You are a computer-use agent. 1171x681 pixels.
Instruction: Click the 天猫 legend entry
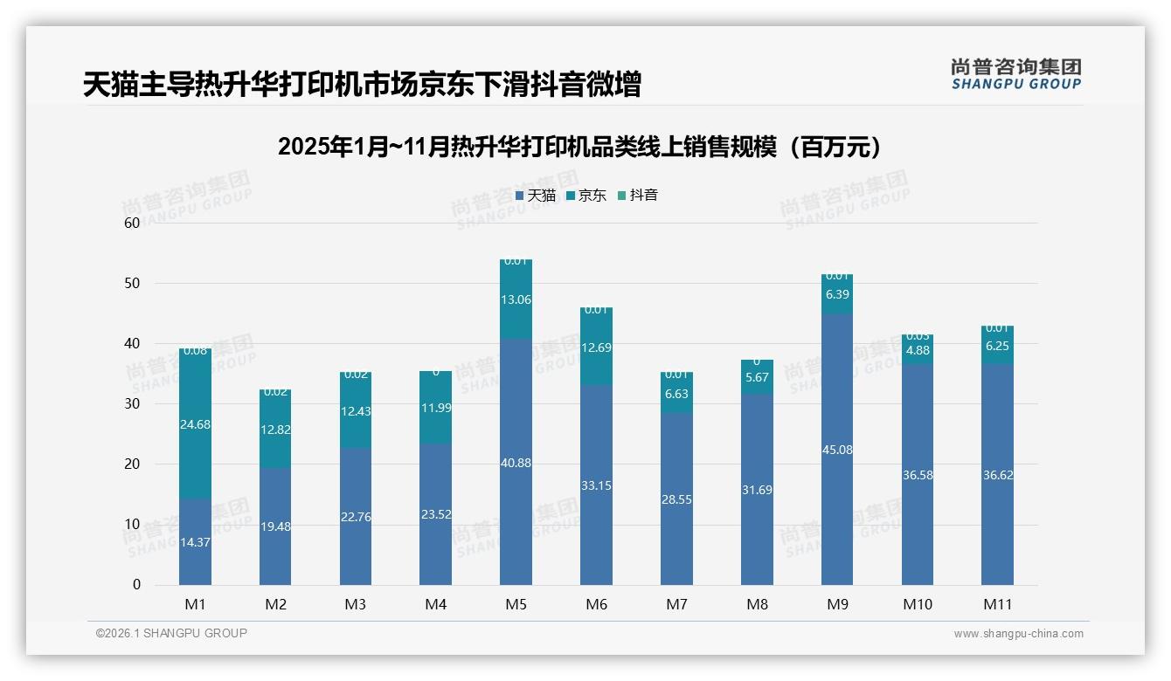pyautogui.click(x=536, y=196)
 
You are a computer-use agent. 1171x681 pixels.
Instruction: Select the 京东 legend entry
pyautogui.click(x=586, y=196)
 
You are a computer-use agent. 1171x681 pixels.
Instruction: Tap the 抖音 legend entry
pyautogui.click(x=638, y=196)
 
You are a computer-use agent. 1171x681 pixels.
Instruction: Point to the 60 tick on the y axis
pyautogui.click(x=132, y=223)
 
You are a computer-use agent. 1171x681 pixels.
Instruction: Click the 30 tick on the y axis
pyautogui.click(x=132, y=403)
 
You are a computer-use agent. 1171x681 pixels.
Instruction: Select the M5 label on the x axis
pyautogui.click(x=516, y=604)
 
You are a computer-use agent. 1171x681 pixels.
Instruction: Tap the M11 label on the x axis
pyautogui.click(x=997, y=604)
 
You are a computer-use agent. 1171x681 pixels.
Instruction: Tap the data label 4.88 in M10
pyautogui.click(x=918, y=351)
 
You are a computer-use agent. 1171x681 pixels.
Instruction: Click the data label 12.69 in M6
pyautogui.click(x=596, y=347)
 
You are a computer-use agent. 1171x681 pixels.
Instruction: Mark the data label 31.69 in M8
pyautogui.click(x=757, y=490)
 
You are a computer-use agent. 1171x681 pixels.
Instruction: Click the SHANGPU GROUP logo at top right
pyautogui.click(x=1015, y=74)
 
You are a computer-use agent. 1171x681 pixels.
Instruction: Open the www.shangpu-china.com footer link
pyautogui.click(x=1018, y=634)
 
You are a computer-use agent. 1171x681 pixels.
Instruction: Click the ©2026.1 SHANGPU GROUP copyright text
pyautogui.click(x=171, y=633)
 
